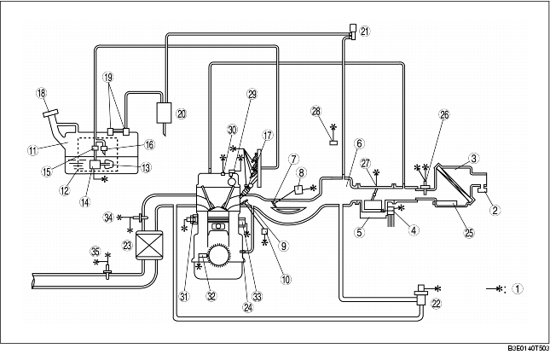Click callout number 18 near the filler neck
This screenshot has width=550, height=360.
point(40,93)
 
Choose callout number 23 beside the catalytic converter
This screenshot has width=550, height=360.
point(129,244)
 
